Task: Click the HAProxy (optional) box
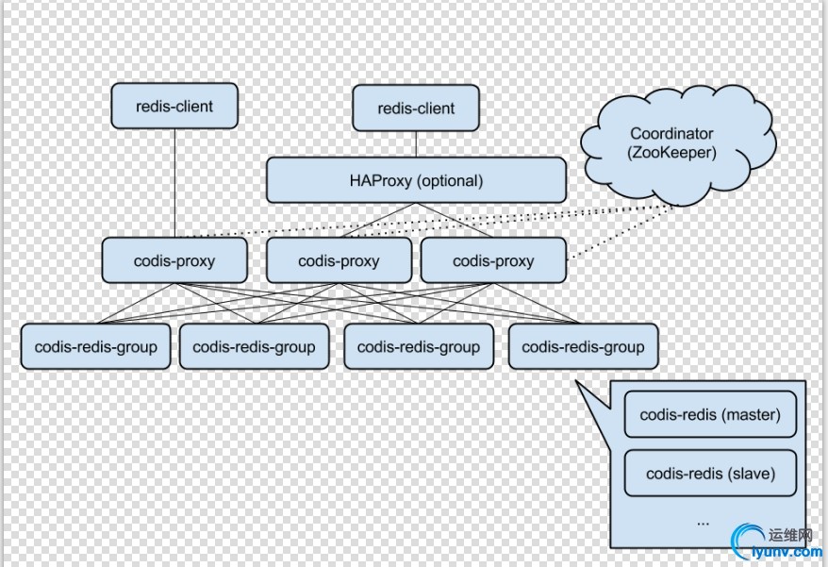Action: tap(416, 180)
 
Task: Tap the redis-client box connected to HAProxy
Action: tap(416, 108)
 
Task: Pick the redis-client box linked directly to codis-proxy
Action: tap(174, 107)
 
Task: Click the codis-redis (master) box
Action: tap(710, 415)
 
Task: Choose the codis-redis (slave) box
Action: tap(710, 474)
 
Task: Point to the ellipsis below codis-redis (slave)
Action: tap(703, 520)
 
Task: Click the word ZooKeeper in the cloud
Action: tap(671, 152)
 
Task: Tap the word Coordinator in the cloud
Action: tap(671, 134)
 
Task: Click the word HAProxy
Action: tap(380, 180)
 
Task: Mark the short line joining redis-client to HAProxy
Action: tap(416, 144)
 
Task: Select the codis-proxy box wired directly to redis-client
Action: tap(174, 261)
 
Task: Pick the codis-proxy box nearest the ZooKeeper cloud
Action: tap(493, 261)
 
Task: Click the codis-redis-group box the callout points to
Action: tap(583, 347)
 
